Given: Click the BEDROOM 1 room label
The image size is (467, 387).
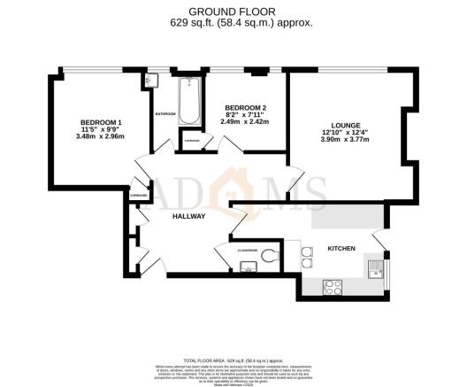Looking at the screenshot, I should pyautogui.click(x=100, y=122).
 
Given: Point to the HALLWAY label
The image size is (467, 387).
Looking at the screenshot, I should pyautogui.click(x=188, y=216).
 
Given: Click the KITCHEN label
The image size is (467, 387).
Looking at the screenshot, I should pyautogui.click(x=342, y=250).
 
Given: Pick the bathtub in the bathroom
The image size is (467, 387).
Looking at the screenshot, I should pyautogui.click(x=188, y=101).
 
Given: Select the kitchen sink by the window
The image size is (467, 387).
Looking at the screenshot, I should pyautogui.click(x=375, y=264).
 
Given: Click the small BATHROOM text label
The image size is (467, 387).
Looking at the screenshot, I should pyautogui.click(x=165, y=114).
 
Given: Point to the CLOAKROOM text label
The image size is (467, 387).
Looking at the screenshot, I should pyautogui.click(x=248, y=251).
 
